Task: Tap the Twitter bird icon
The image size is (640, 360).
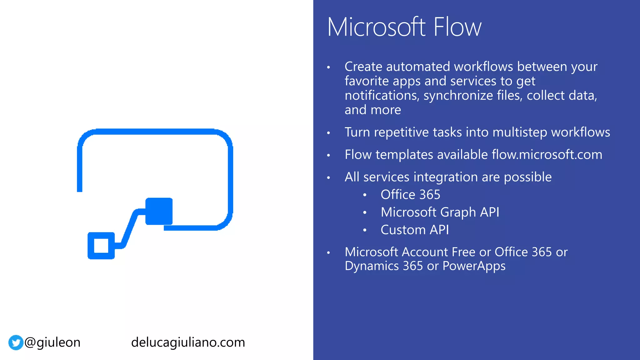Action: tap(16, 342)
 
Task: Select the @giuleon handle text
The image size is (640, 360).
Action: tap(52, 342)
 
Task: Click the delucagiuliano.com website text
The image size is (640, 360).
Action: tap(188, 342)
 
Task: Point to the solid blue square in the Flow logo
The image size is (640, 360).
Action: tap(159, 211)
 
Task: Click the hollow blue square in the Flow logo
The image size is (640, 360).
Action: tap(101, 246)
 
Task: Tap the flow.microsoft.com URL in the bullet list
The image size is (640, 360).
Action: tap(547, 155)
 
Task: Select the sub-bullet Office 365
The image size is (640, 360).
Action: tap(410, 195)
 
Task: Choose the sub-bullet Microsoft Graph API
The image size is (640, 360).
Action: tap(440, 212)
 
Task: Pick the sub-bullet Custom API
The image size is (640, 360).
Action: tap(415, 230)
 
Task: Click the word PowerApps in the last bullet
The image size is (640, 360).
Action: tap(474, 266)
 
